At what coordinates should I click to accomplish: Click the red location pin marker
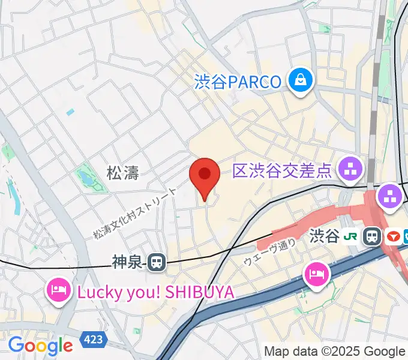tap(205, 176)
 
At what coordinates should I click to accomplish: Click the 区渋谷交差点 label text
tap(282, 172)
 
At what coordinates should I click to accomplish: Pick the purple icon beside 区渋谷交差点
tap(351, 170)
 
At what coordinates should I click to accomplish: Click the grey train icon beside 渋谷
tap(373, 236)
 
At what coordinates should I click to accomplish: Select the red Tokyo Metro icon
tap(394, 236)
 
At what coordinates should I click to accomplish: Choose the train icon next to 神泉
tap(157, 262)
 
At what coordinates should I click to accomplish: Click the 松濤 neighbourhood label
tap(123, 174)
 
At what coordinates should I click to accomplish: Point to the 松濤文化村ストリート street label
tap(135, 213)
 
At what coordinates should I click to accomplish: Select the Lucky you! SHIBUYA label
tap(155, 293)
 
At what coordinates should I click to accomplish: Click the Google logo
tap(40, 346)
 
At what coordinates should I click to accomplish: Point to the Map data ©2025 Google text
tap(335, 352)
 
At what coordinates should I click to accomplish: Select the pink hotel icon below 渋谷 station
tap(316, 275)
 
